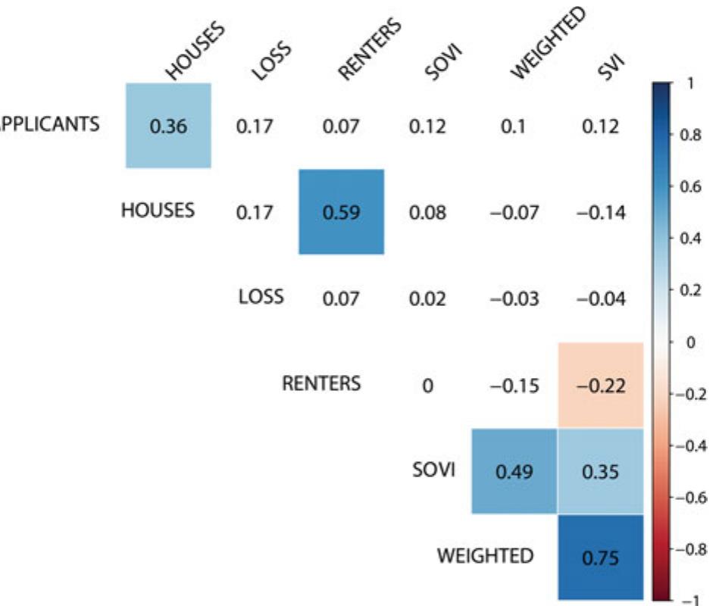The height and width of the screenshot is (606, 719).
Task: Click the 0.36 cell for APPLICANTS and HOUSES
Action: point(168,126)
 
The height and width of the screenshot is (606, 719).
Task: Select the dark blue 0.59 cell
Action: point(341,212)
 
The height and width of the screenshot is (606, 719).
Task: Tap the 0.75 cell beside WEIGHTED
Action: point(600,558)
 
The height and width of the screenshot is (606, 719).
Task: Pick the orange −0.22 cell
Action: point(600,386)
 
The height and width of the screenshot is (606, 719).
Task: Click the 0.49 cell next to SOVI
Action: point(514,472)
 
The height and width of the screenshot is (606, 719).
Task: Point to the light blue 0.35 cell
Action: point(600,472)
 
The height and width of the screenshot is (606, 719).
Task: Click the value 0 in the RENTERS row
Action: point(427,386)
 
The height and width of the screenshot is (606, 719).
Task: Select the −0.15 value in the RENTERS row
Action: point(514,386)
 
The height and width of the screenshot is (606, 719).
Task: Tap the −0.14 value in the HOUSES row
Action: point(600,213)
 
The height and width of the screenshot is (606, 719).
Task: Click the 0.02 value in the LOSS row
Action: point(427,299)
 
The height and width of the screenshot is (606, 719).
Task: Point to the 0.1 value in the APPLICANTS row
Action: point(514,127)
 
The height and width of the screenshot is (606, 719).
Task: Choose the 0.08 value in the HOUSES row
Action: point(427,213)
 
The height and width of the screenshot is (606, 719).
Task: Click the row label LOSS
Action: point(261,296)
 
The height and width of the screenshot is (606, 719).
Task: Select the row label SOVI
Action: point(433,470)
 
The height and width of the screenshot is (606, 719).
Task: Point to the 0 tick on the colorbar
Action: point(688,342)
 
